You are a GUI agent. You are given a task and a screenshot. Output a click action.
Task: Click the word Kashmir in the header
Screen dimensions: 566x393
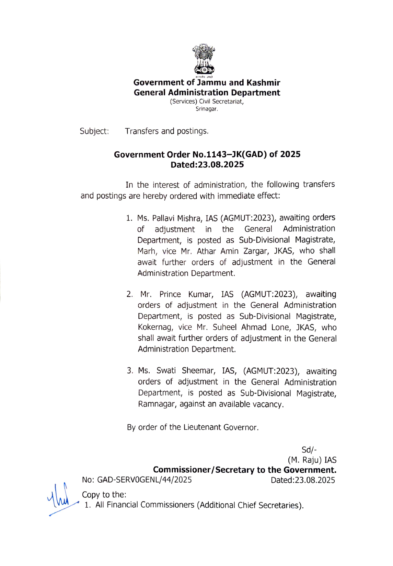(x=263, y=83)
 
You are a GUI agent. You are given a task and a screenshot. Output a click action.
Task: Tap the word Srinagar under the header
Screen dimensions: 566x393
(x=207, y=109)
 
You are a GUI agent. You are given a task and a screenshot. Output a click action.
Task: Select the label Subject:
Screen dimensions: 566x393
(x=94, y=131)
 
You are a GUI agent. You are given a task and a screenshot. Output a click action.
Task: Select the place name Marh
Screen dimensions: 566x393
(x=147, y=251)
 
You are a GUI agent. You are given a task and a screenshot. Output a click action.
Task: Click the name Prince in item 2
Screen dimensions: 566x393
(x=170, y=294)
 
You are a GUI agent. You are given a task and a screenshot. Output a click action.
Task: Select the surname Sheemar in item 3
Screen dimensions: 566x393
(x=198, y=371)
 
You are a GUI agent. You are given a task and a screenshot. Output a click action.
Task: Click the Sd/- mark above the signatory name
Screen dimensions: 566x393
(x=309, y=450)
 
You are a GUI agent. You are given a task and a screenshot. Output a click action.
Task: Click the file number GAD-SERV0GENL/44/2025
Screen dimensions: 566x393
(x=144, y=480)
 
